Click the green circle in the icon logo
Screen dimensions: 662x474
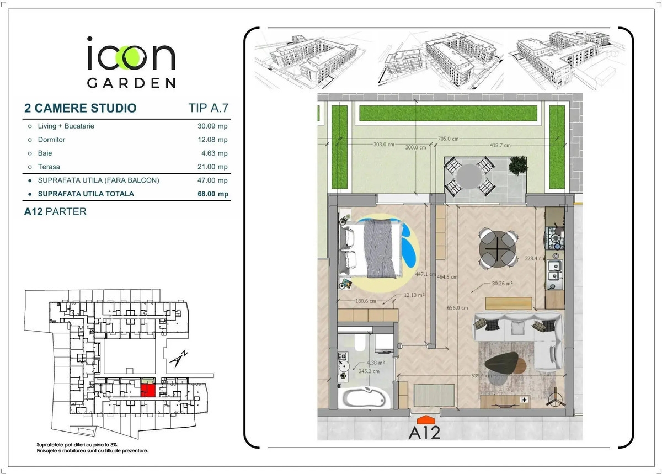click(x=127, y=57)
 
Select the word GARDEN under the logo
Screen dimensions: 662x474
click(x=131, y=83)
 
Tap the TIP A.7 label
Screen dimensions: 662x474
click(x=209, y=108)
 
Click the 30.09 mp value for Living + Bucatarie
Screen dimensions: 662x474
click(x=212, y=126)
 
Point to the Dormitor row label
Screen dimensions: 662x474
click(x=51, y=140)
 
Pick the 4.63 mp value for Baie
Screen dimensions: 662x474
click(x=214, y=153)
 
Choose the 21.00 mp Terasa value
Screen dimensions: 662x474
click(x=212, y=167)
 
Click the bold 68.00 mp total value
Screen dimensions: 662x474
click(x=213, y=194)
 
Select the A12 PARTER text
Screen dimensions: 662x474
click(x=55, y=211)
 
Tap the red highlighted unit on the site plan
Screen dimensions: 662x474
click(x=148, y=390)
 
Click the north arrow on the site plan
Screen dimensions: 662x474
click(x=178, y=359)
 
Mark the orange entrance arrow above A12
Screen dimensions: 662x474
click(x=425, y=419)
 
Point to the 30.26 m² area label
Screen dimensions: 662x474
click(x=502, y=283)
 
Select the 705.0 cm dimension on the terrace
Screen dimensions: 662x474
click(x=448, y=139)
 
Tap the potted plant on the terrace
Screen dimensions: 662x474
click(x=518, y=166)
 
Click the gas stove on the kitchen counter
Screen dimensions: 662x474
click(x=555, y=238)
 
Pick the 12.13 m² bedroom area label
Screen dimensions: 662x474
click(x=414, y=295)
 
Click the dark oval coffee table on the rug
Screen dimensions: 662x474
click(x=502, y=363)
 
